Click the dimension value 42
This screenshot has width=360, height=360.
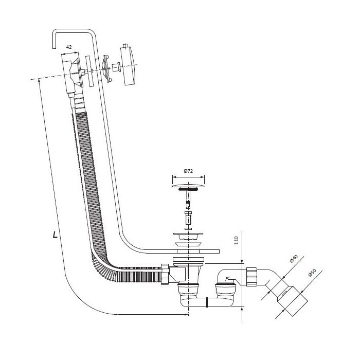coord(68,47)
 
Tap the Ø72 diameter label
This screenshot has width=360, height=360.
coord(188,171)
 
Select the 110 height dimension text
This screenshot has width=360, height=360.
coord(236,240)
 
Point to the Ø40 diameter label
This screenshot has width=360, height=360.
coord(294,259)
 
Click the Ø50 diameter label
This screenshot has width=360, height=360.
coord(312,273)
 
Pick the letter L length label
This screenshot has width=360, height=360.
coord(55,235)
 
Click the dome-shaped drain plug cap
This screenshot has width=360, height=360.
coord(188,186)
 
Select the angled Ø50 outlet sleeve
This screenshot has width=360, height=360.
coord(292,301)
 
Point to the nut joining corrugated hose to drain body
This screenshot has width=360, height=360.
coord(165,274)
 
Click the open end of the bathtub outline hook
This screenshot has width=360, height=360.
coord(54,48)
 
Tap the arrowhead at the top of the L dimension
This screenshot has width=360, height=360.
coord(39,80)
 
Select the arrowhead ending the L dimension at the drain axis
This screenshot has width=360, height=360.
coord(186,315)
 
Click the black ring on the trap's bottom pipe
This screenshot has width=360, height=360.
coord(207,302)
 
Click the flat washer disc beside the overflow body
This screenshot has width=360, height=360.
coord(89,71)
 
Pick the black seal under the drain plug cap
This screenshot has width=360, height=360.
coord(188,189)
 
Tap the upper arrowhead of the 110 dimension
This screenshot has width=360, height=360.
coord(242,262)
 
